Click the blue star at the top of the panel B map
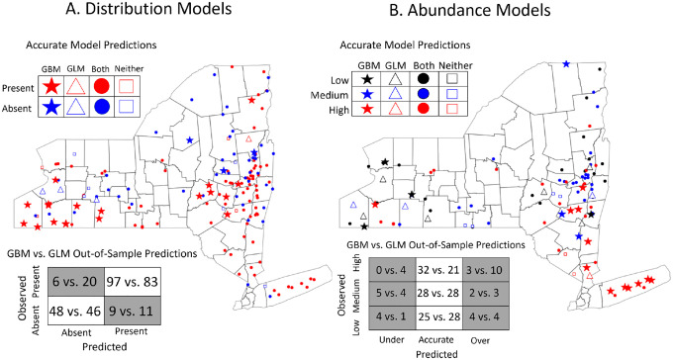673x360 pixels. click(x=566, y=64)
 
